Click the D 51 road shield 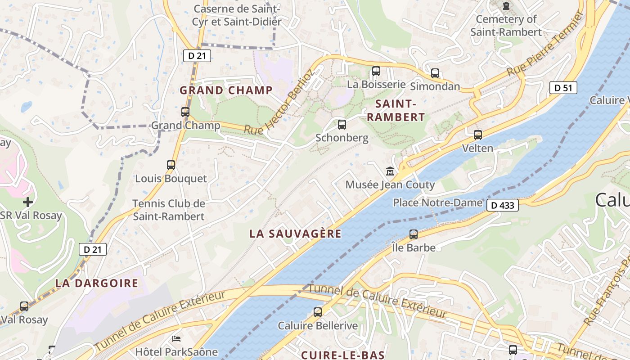[x=563, y=88]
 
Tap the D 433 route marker [x=503, y=206]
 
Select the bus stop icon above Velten [x=477, y=135]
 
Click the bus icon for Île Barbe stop [x=413, y=234]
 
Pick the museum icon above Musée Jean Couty [x=390, y=171]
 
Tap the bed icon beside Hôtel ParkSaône [x=176, y=338]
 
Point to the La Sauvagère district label [x=295, y=234]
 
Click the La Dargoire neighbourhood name [x=97, y=283]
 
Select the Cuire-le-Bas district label [x=343, y=355]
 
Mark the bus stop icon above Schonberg [x=342, y=124]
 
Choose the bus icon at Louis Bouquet [x=171, y=165]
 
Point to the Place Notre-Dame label [x=437, y=202]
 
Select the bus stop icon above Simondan [x=435, y=73]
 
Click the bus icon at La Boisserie [x=376, y=71]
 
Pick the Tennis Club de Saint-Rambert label [x=169, y=210]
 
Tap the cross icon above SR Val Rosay [x=28, y=202]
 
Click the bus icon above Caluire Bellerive [x=318, y=312]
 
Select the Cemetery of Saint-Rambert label [x=506, y=26]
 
